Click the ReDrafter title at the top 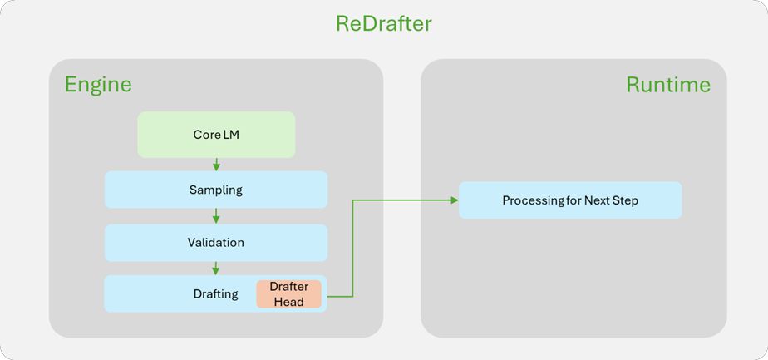(383, 23)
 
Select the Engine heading (98, 85)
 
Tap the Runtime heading (667, 85)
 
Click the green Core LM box (216, 135)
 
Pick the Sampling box (216, 190)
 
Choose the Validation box (216, 243)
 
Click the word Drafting (215, 294)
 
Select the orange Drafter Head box (288, 294)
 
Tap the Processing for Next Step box (570, 201)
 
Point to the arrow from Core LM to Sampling (216, 165)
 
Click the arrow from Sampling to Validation (216, 216)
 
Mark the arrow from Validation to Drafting (216, 269)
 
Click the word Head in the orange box (288, 302)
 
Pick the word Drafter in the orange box (288, 287)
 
